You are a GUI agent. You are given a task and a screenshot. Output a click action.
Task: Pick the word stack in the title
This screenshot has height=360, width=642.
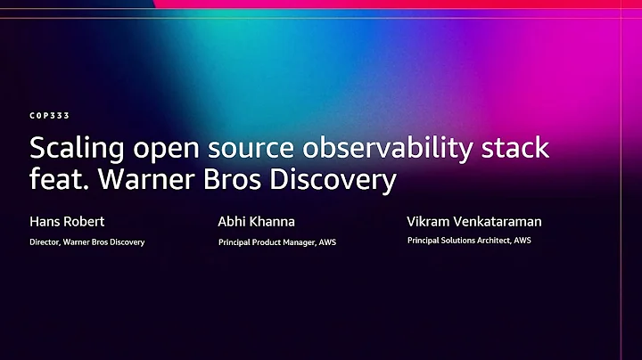click(x=517, y=147)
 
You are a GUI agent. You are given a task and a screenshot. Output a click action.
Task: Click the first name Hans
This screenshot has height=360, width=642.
click(x=43, y=222)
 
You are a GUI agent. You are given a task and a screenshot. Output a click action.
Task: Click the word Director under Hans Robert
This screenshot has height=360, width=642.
click(x=45, y=242)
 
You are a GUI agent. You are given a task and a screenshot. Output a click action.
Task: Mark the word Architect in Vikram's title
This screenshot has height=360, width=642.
click(x=498, y=241)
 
